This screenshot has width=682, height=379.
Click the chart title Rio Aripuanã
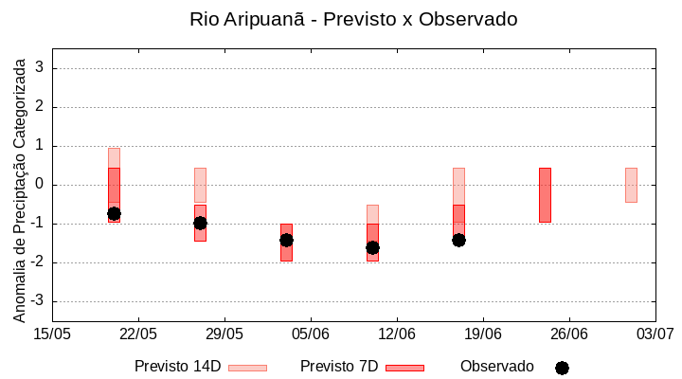pos(352,19)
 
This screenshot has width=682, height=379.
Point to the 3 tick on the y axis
pos(40,68)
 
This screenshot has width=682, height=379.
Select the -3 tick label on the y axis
pos(37,301)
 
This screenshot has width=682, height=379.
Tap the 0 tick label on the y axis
pos(40,185)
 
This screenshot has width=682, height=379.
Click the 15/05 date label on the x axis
pos(52,334)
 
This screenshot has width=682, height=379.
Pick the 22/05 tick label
pos(138,334)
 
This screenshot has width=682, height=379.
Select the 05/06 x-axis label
pos(311,334)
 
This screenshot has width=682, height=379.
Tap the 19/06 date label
pos(483,334)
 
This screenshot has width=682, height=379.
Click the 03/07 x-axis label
pos(655,334)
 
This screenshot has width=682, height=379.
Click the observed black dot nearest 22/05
pos(114,214)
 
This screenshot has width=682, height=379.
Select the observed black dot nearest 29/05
pos(200,224)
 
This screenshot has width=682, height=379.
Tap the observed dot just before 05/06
pos(286,241)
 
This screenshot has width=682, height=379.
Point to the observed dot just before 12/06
pos(372,248)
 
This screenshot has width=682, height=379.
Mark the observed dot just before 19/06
pos(458,241)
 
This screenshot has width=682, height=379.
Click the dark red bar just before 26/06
pos(545,195)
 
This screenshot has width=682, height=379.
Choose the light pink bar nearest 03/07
pos(631,185)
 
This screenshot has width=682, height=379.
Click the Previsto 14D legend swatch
pos(247,368)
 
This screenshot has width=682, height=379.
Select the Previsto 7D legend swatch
pos(404,368)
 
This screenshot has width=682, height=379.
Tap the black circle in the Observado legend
pos(562,368)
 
